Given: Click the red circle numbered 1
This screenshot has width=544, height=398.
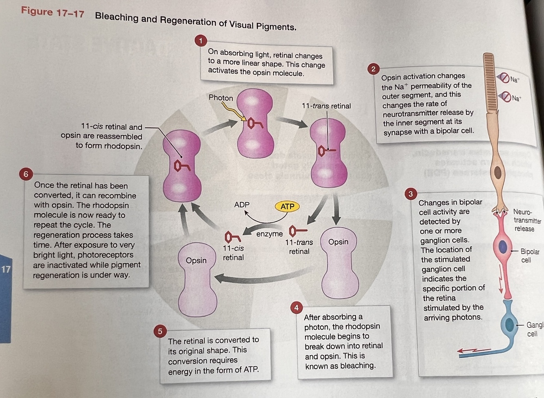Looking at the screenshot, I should [201, 41].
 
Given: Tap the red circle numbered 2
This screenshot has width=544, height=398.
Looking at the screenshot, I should [373, 69].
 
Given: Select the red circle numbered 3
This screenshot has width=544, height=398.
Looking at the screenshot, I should [411, 194].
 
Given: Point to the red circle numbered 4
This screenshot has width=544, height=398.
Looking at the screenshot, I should [296, 308].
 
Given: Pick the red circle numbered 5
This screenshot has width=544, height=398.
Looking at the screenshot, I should [160, 331].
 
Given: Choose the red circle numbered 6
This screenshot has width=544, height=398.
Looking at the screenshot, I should [26, 174].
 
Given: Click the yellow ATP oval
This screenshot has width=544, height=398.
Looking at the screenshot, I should [287, 206].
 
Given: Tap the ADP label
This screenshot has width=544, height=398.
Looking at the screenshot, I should [242, 205].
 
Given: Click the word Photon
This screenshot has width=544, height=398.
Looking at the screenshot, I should [221, 98].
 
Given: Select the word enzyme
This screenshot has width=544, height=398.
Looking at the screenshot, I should [269, 234].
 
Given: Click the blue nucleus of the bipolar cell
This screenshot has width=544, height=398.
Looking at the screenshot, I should [503, 247].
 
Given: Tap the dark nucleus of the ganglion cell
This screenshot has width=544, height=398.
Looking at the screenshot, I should [509, 325].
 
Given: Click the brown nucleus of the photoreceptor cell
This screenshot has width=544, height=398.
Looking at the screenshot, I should [498, 172].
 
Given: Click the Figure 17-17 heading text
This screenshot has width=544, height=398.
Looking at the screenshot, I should [53, 12].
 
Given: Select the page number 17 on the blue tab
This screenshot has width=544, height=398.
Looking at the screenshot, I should [6, 269].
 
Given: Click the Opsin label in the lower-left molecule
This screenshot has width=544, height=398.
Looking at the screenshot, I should [196, 260].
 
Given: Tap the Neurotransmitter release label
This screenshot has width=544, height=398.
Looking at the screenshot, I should [526, 220].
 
